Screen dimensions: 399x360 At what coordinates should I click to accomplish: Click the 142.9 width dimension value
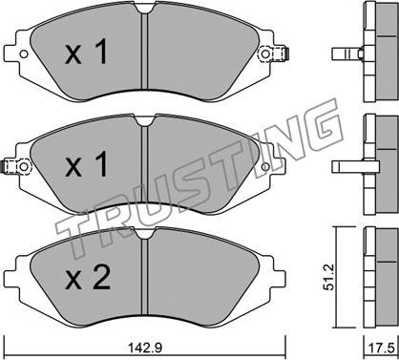(x=145, y=348)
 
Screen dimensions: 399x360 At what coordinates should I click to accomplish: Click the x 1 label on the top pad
(x=86, y=53)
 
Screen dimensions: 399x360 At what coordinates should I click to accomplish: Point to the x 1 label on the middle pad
(x=86, y=164)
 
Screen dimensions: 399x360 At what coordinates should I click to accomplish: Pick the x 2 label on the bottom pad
(x=88, y=278)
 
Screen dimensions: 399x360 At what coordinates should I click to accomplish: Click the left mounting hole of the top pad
(x=24, y=54)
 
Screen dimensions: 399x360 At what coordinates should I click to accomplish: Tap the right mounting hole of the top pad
(x=265, y=54)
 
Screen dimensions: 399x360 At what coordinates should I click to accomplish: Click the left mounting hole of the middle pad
(x=24, y=166)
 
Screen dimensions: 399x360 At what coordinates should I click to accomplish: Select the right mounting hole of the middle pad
(x=265, y=166)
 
